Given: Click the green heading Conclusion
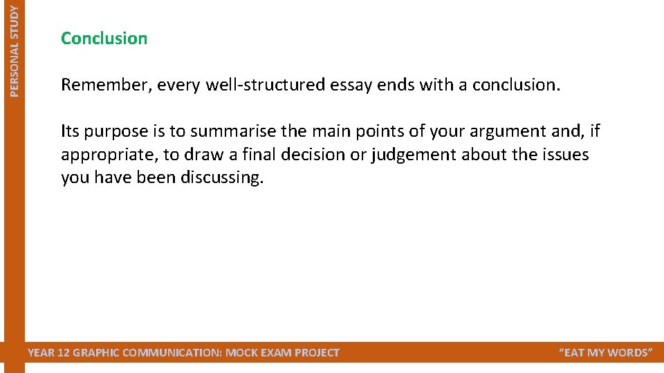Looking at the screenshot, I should [x=104, y=38].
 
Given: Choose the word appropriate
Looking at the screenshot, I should [x=107, y=155].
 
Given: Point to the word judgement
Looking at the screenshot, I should [x=413, y=155].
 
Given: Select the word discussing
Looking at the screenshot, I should [x=222, y=178].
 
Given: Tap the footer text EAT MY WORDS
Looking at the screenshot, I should [x=605, y=353].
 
